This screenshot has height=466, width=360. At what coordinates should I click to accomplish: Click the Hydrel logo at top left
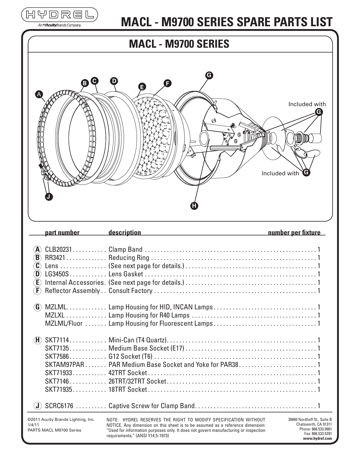click(x=60, y=14)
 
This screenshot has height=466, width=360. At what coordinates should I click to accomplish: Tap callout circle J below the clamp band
click(x=49, y=197)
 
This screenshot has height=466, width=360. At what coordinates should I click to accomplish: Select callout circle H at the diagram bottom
click(x=194, y=206)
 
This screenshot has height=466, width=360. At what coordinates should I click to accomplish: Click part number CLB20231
click(x=59, y=250)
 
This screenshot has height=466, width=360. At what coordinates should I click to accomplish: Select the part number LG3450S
click(x=57, y=274)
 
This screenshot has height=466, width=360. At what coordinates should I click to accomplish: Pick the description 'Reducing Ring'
click(x=129, y=258)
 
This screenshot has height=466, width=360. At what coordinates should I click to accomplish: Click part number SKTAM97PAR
click(x=65, y=365)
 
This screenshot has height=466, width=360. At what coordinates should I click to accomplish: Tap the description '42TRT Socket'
click(x=128, y=373)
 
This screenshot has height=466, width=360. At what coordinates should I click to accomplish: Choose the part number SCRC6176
click(x=59, y=406)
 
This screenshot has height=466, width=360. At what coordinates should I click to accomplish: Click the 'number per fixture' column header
click(x=294, y=233)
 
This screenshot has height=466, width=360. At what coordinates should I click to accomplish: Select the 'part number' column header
click(x=62, y=233)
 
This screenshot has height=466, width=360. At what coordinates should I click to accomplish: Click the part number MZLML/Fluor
click(x=64, y=323)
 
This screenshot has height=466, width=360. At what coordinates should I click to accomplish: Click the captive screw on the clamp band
click(x=42, y=168)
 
